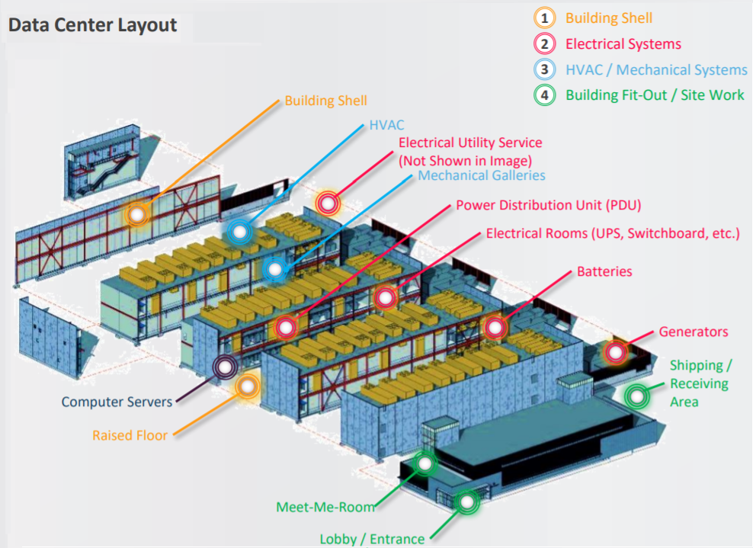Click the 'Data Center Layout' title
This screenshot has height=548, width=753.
93,25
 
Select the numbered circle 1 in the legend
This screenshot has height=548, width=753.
544,18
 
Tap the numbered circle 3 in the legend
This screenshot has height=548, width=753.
544,69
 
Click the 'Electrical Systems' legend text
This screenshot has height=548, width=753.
623,44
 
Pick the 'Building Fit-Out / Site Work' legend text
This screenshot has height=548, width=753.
655,95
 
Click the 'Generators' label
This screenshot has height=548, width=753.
693,332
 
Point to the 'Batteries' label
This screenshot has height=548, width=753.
604,271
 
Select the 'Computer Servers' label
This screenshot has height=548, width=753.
117,402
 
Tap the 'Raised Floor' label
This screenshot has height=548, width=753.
130,435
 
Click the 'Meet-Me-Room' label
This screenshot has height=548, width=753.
325,507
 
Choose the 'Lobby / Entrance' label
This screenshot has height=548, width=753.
372,540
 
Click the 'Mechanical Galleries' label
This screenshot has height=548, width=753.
481,175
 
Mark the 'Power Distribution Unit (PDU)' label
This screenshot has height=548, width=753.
549,205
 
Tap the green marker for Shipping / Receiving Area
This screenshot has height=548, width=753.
637,397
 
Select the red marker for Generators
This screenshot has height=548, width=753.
616,353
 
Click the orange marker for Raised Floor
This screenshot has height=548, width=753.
248,386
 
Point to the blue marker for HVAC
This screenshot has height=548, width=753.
239,232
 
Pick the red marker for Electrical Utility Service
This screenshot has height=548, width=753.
328,203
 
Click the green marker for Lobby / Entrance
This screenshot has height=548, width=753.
466,502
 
